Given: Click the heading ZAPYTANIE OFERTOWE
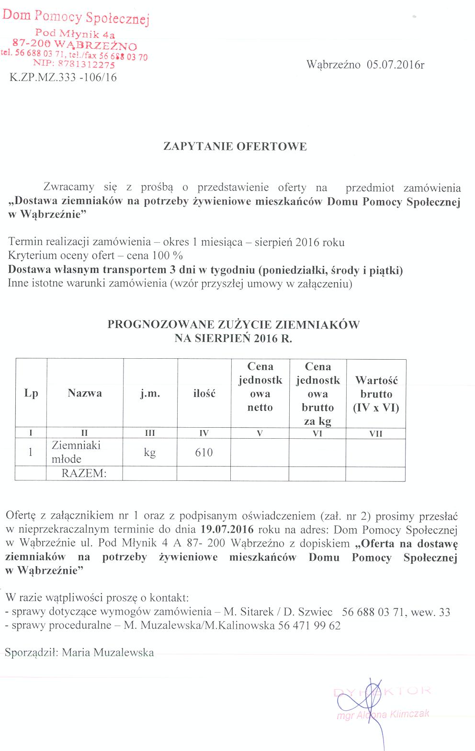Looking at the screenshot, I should tap(235, 147).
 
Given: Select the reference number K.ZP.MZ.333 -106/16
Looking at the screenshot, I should tap(63, 78).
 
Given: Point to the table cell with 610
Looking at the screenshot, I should tap(204, 453).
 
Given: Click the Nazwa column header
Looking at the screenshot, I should tap(85, 393).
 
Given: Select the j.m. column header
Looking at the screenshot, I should tap(150, 393).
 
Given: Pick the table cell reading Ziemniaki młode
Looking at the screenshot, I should tap(76, 452).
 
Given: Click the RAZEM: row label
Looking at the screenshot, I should tap(84, 474).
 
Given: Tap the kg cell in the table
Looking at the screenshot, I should tap(150, 453).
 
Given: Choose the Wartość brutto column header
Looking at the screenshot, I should tap(376, 394).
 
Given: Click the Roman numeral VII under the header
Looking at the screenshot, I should tap(376, 433).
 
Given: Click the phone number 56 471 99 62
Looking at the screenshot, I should tap(309, 626).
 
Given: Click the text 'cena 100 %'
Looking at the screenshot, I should tap(155, 256).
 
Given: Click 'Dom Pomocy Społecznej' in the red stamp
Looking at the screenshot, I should tap(76, 17).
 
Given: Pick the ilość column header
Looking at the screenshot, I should tap(204, 393).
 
